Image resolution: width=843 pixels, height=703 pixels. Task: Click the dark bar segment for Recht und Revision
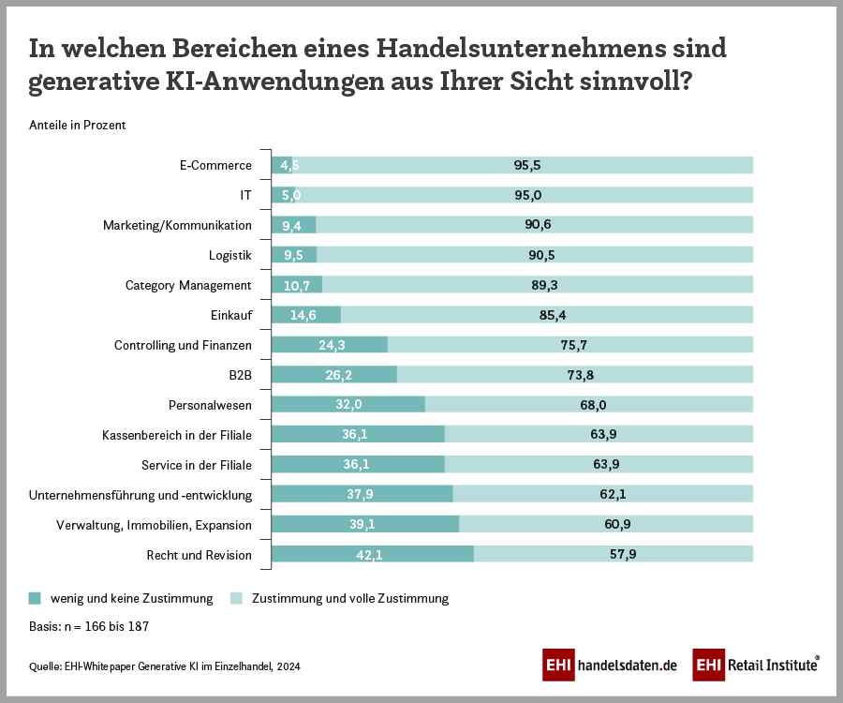pos(372,555)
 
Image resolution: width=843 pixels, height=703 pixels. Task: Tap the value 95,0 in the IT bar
pos(527,195)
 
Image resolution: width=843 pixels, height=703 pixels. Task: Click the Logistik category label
pos(229,255)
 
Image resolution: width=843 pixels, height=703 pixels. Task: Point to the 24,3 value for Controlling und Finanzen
pos(332,345)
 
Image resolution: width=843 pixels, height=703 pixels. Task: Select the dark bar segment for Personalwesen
pos(348,405)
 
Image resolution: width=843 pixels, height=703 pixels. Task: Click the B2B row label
pos(240,375)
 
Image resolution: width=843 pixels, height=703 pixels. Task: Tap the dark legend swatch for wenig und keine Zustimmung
pos(36,598)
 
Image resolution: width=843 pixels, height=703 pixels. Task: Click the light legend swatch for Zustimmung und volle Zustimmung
pos(236,598)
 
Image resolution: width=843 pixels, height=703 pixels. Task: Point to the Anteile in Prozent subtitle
pos(78,125)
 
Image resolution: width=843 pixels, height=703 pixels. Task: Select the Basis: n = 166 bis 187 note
pos(90,625)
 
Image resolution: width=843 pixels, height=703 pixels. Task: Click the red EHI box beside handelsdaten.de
pos(558,665)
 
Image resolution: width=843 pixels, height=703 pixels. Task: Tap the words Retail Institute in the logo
pos(771,665)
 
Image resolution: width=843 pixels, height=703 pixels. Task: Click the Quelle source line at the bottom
pos(165,666)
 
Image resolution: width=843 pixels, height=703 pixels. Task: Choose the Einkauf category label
pos(233,315)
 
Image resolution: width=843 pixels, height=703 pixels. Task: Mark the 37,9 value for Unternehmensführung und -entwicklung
pos(362,495)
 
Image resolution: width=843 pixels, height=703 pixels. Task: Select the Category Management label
pos(188,285)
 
